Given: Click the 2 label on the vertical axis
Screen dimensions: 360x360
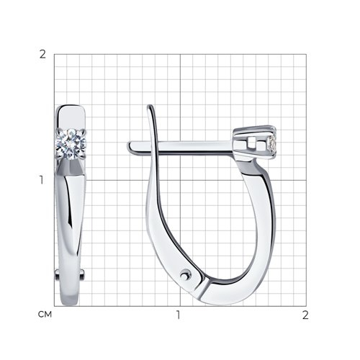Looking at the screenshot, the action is [x=42, y=55].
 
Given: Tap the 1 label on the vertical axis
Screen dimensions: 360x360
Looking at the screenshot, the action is [x=42, y=180].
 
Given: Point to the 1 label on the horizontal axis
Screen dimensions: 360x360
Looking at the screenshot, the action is [x=178, y=315].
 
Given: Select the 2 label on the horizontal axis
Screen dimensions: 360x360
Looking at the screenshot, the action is [x=305, y=315].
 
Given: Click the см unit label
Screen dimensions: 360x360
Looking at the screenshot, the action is [x=45, y=315].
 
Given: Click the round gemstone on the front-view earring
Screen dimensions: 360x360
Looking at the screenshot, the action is [x=71, y=144].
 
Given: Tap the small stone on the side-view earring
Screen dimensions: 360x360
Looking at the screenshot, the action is [x=273, y=144].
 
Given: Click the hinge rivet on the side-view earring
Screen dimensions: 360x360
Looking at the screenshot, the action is [x=185, y=276].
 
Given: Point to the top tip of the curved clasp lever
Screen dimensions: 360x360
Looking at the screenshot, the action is [x=150, y=105].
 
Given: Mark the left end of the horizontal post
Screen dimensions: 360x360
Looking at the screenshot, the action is [x=127, y=145].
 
